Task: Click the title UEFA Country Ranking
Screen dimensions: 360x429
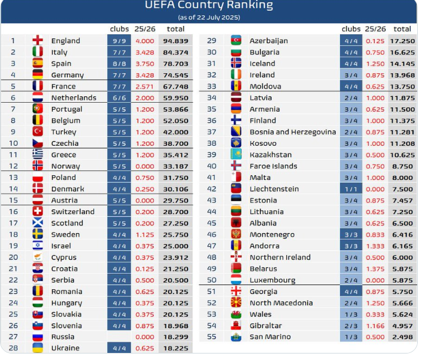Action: pyautogui.click(x=209, y=5)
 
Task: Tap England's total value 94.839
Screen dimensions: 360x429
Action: pyautogui.click(x=177, y=41)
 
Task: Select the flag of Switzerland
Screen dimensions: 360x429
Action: pyautogui.click(x=38, y=212)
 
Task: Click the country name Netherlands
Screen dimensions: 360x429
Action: pyautogui.click(x=74, y=98)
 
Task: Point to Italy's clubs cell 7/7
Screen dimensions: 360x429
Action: pyautogui.click(x=120, y=53)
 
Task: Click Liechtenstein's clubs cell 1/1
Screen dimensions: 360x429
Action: pyautogui.click(x=351, y=189)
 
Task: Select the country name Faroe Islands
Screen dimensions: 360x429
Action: pyautogui.click(x=273, y=166)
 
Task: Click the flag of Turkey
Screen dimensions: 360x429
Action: pyautogui.click(x=38, y=132)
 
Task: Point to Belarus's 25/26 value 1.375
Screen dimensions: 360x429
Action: pyautogui.click(x=375, y=269)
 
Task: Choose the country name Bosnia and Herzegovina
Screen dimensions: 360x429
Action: pyautogui.click(x=293, y=132)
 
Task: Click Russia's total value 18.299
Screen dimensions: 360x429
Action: pyautogui.click(x=177, y=337)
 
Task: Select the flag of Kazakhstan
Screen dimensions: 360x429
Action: pyautogui.click(x=236, y=155)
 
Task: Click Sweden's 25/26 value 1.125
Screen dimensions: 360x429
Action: pyautogui.click(x=145, y=235)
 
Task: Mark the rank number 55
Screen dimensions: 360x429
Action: pyautogui.click(x=212, y=337)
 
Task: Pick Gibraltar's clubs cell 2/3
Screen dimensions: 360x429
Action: pyautogui.click(x=351, y=326)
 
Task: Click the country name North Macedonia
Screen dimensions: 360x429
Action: pyautogui.click(x=281, y=303)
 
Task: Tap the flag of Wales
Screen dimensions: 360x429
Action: pyautogui.click(x=236, y=315)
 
